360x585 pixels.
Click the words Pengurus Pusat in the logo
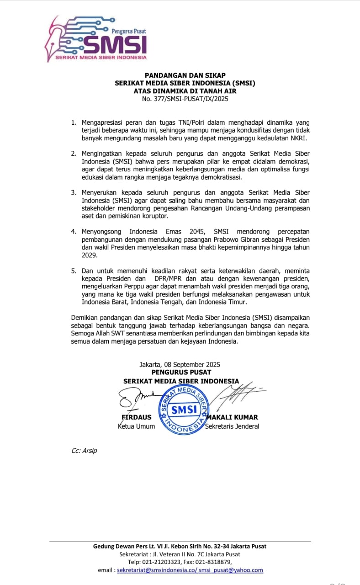[x=129, y=31]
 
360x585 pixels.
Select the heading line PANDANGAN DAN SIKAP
[x=185, y=75]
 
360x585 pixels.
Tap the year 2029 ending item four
[x=89, y=255]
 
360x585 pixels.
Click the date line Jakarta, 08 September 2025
[x=180, y=364]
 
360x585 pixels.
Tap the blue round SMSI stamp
[x=184, y=409]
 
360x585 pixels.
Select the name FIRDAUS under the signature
[x=136, y=417]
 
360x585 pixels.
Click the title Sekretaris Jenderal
[x=232, y=426]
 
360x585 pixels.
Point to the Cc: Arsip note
[x=84, y=451]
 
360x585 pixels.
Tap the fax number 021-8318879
[x=213, y=562]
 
